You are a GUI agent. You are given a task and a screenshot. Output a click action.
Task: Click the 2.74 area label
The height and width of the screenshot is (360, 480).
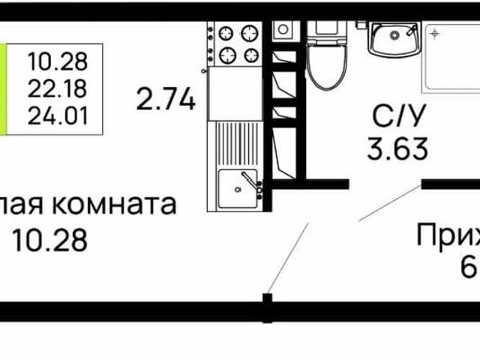(x=166, y=98)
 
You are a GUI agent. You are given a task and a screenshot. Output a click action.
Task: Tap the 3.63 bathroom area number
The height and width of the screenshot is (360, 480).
(x=397, y=147)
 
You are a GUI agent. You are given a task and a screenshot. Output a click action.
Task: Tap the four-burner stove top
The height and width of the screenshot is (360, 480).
(x=236, y=44)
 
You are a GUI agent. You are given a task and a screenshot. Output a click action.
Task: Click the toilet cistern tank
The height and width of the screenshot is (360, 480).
(x=327, y=30)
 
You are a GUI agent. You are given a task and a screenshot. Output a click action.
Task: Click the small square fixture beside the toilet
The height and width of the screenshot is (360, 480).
(x=283, y=30)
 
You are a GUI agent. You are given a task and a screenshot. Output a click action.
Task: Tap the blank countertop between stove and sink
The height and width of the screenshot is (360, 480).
(x=235, y=93)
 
